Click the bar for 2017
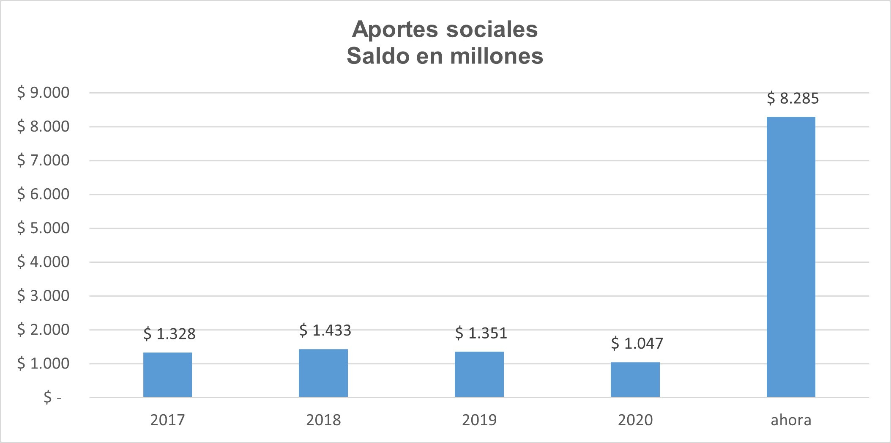click(167, 374)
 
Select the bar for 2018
click(323, 373)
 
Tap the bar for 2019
click(479, 374)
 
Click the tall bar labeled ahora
click(791, 257)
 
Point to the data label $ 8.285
click(793, 98)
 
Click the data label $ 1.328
click(169, 334)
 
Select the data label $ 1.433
click(325, 330)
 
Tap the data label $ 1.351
click(481, 333)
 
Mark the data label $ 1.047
click(637, 343)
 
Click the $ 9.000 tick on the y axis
click(43, 93)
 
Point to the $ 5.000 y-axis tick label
click(43, 228)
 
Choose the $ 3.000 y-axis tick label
click(43, 296)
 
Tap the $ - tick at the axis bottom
click(52, 398)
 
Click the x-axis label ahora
click(791, 420)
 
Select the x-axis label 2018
click(323, 420)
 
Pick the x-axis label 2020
click(635, 420)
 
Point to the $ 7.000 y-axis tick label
click(43, 160)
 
